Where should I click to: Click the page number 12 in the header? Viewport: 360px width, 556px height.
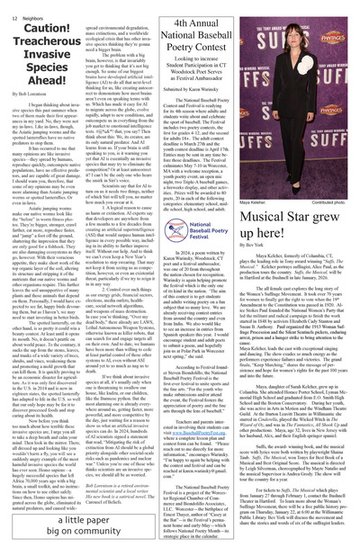coord(13,5)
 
